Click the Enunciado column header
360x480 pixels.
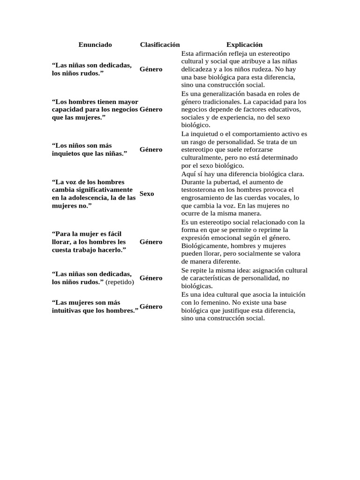(95, 45)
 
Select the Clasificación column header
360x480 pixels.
(160, 45)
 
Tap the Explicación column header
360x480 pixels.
(244, 45)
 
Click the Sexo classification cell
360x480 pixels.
(147, 194)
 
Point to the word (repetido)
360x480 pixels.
(120, 282)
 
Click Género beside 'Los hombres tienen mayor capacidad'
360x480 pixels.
(151, 109)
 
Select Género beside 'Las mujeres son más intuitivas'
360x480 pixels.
(151, 307)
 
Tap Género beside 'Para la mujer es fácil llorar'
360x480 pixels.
(151, 242)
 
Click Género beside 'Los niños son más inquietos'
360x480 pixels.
(151, 150)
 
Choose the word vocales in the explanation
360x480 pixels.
(278, 198)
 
